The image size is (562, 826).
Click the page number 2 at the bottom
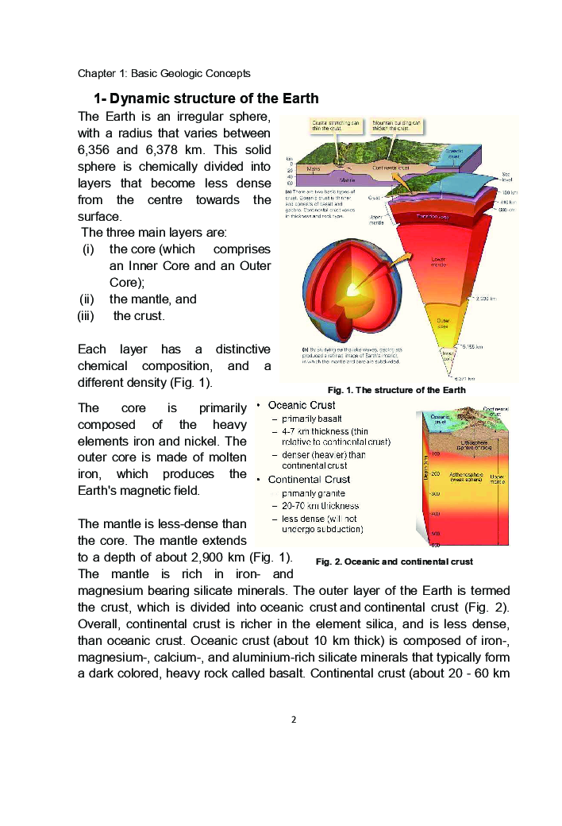293,720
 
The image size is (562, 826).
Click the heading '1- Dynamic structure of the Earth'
206,99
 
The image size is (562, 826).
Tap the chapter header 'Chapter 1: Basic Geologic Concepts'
164,73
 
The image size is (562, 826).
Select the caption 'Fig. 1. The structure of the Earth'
396,390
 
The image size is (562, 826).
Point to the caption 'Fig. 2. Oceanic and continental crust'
394,562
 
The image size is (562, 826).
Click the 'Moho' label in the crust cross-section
314,168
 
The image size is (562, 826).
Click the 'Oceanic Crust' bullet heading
302,405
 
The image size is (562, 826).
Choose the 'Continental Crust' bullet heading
309,479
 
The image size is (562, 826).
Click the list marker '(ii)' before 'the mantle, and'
93,299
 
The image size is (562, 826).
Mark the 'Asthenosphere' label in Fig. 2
466,476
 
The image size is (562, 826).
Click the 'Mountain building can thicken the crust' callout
396,125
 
